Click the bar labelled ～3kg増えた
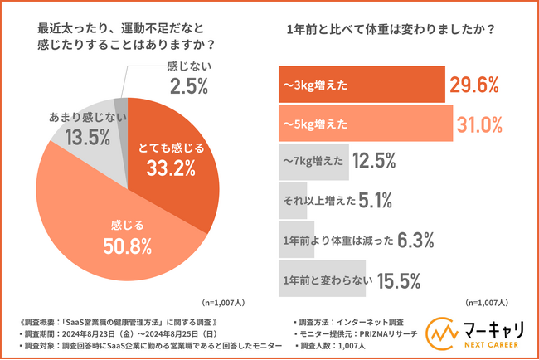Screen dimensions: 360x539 point(362,83)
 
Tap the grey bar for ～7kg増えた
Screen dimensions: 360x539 point(313,161)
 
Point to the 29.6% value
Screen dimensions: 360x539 point(476,84)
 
